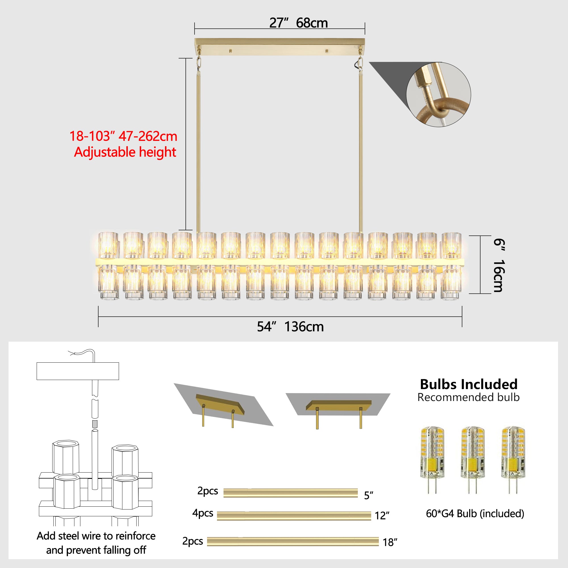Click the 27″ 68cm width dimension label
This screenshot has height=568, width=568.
click(x=298, y=23)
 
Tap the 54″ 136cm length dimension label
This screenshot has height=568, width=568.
click(x=290, y=327)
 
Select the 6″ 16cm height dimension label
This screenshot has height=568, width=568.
click(x=499, y=265)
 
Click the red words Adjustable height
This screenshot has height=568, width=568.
click(x=125, y=152)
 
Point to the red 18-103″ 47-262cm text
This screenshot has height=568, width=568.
click(x=123, y=136)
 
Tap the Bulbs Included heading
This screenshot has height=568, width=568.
click(x=469, y=384)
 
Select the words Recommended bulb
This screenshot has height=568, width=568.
click(x=468, y=398)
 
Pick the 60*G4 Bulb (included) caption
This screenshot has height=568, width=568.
click(x=475, y=513)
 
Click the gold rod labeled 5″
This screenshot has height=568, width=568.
click(x=291, y=493)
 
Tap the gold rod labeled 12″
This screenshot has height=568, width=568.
click(x=294, y=516)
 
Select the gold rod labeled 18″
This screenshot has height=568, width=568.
click(x=293, y=542)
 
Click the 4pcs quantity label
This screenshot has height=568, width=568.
click(x=202, y=513)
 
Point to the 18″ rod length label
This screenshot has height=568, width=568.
click(x=390, y=542)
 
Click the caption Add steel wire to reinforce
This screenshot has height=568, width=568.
click(x=96, y=536)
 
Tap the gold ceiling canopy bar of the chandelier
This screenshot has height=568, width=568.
click(x=279, y=47)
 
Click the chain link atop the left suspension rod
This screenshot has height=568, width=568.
click(x=199, y=62)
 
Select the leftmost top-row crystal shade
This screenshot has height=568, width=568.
click(x=108, y=245)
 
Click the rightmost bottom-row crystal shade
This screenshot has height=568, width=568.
click(x=451, y=282)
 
